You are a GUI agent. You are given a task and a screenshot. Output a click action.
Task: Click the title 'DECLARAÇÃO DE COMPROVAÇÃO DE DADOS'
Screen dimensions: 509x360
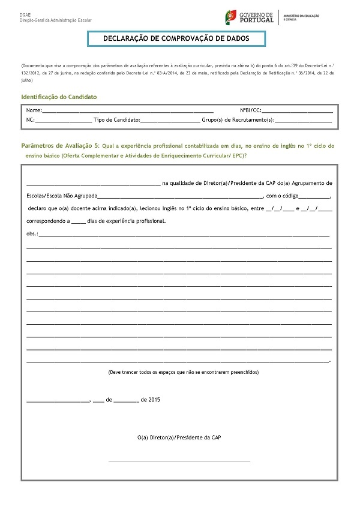[176, 38]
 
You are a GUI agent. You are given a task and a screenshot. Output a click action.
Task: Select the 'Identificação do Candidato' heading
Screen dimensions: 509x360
[58, 97]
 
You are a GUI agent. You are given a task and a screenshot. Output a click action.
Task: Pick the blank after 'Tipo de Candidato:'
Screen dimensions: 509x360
[170, 121]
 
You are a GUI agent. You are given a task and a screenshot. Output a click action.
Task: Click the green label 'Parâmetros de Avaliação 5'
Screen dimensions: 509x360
[59, 146]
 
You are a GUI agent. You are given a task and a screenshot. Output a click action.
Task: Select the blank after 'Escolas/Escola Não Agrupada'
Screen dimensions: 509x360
[180, 196]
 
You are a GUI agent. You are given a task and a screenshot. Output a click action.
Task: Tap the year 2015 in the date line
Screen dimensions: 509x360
[154, 399]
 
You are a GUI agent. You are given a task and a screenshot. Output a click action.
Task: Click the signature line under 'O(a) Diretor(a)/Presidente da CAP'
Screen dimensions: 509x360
[179, 461]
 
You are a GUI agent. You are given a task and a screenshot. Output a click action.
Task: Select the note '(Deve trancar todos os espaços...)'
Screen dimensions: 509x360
[184, 372]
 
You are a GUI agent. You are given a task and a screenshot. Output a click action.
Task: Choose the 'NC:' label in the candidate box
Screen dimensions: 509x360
[31, 121]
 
